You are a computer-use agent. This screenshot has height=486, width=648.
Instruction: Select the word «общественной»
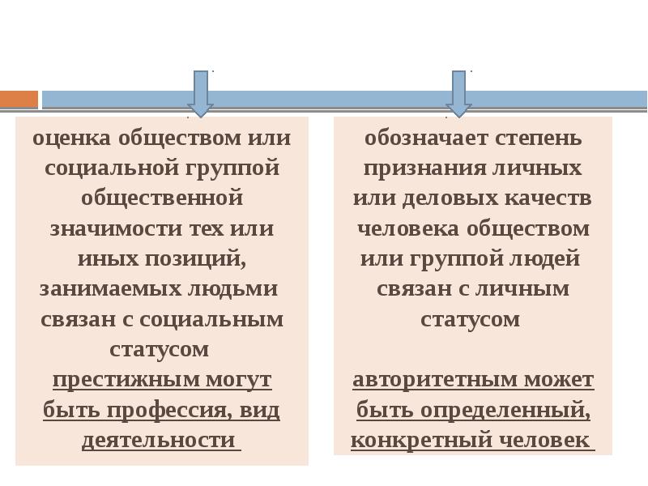point(162,198)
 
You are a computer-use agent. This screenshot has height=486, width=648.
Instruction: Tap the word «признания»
point(414,168)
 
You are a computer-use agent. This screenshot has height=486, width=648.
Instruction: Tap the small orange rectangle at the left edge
point(18,100)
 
